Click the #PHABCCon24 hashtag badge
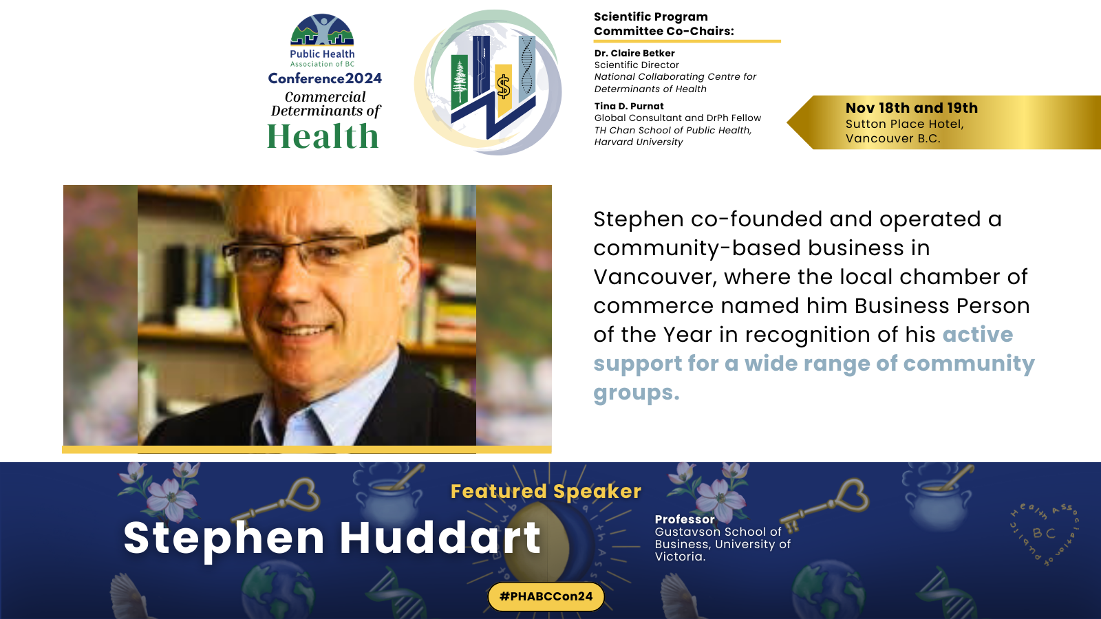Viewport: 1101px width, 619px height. click(546, 596)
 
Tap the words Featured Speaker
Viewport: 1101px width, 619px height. click(546, 491)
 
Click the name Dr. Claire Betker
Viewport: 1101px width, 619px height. click(634, 53)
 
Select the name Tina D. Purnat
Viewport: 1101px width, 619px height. click(629, 106)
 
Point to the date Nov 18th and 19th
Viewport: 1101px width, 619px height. click(911, 108)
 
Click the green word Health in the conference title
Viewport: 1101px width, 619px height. click(323, 136)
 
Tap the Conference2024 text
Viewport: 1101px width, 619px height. click(324, 78)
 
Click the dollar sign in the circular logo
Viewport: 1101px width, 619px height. click(503, 87)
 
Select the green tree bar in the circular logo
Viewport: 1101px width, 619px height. click(460, 82)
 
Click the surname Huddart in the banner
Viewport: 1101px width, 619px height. click(440, 538)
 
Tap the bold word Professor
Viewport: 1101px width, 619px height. click(685, 519)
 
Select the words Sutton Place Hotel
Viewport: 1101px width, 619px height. click(904, 124)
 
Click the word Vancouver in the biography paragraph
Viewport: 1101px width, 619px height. click(651, 277)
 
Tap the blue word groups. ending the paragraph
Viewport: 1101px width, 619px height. click(636, 393)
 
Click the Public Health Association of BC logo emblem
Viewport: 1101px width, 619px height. click(322, 30)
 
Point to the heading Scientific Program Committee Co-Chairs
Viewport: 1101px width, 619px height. click(663, 23)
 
